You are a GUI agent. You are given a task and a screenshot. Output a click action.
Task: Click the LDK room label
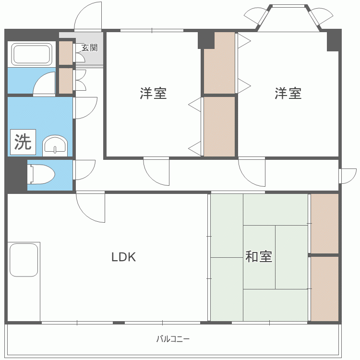pyautogui.click(x=123, y=257)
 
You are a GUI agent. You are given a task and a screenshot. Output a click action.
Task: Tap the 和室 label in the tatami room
pyautogui.click(x=259, y=256)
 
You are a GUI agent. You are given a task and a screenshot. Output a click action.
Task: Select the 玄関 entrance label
pyautogui.click(x=90, y=48)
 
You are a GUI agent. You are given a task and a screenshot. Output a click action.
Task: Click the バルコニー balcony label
pyautogui.click(x=173, y=339)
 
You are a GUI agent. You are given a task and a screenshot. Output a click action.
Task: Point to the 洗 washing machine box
pyautogui.click(x=23, y=142)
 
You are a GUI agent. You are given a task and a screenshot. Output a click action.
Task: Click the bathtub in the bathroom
pyautogui.click(x=32, y=54)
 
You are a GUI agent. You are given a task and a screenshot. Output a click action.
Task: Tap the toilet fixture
pyautogui.click(x=41, y=174)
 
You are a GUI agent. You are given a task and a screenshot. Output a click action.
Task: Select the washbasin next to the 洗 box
pyautogui.click(x=55, y=145)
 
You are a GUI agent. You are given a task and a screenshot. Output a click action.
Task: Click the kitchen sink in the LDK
pyautogui.click(x=24, y=260)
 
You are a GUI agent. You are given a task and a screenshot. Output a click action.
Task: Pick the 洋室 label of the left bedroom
pyautogui.click(x=154, y=93)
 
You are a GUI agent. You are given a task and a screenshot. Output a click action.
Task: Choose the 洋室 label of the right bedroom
pyautogui.click(x=288, y=93)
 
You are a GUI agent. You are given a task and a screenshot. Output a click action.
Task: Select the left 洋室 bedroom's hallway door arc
pyautogui.click(x=151, y=178)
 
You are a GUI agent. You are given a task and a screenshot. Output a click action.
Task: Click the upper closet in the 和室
pyautogui.click(x=324, y=223)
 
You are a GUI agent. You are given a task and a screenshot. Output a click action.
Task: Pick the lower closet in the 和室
pyautogui.click(x=324, y=289)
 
